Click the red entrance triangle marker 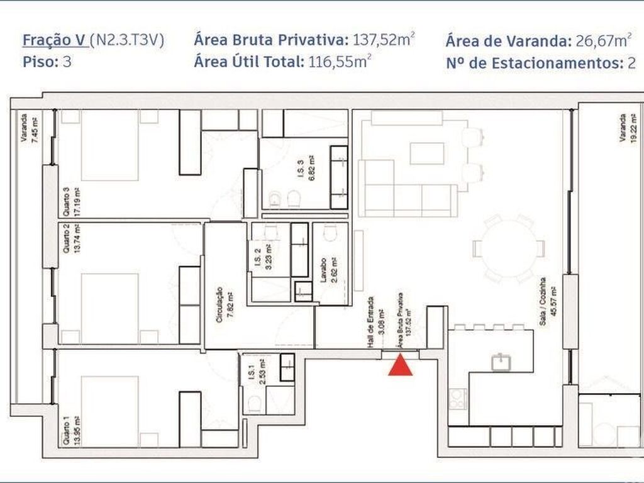pyautogui.click(x=400, y=366)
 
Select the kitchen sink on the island pyautogui.click(x=501, y=362)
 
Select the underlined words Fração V pyautogui.click(x=55, y=41)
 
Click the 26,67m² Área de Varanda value pyautogui.click(x=601, y=42)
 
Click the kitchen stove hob pyautogui.click(x=458, y=399)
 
